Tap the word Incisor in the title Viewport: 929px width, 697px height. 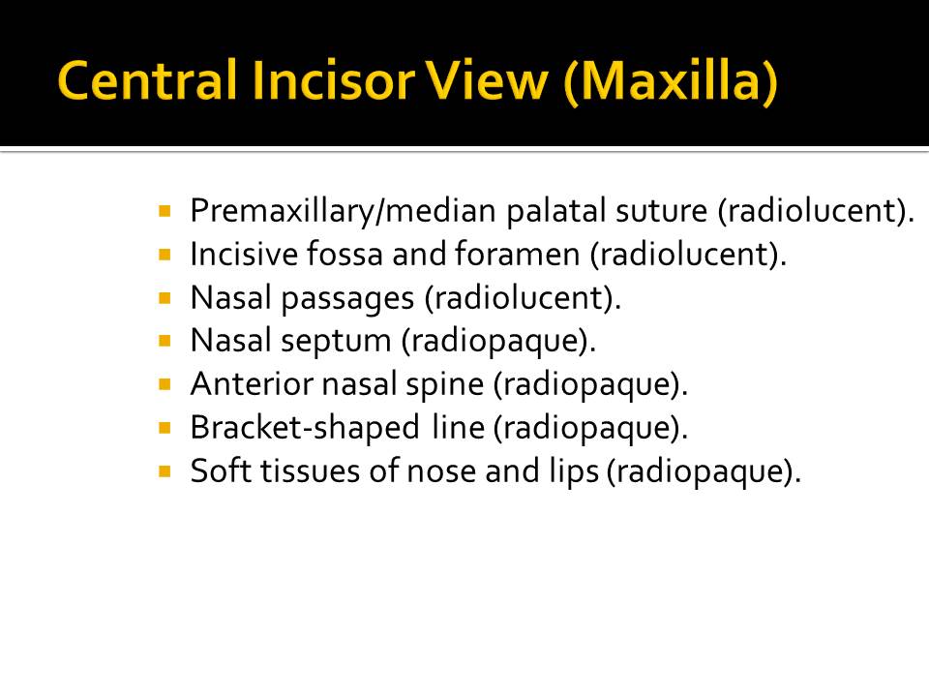pyautogui.click(x=333, y=80)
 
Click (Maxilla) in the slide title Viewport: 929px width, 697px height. pyautogui.click(x=671, y=81)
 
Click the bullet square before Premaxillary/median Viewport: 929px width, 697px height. pyautogui.click(x=165, y=210)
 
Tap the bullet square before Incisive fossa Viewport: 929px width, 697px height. pyautogui.click(x=165, y=255)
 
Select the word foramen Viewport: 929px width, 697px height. pyautogui.click(x=517, y=255)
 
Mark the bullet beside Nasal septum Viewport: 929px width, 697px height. pyautogui.click(x=165, y=341)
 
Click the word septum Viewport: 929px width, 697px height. pyautogui.click(x=336, y=342)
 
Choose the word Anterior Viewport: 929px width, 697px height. pyautogui.click(x=252, y=384)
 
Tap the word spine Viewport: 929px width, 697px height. pyautogui.click(x=444, y=385)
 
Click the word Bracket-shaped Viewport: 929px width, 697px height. pyautogui.click(x=305, y=428)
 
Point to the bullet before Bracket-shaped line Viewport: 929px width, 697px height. pyautogui.click(x=165, y=427)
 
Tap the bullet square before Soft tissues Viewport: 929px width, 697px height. pyautogui.click(x=165, y=471)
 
